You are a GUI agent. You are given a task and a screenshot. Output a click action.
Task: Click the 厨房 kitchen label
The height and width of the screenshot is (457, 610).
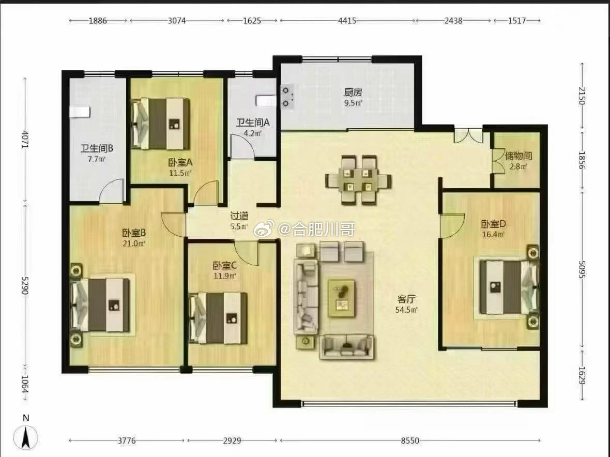tap(353, 92)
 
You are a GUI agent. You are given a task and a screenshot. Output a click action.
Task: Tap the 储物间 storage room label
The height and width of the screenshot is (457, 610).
tap(518, 156)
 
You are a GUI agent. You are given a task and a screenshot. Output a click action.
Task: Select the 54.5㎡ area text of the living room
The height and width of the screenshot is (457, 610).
tap(406, 310)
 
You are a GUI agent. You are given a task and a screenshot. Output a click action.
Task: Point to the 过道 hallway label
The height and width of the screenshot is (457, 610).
tap(239, 216)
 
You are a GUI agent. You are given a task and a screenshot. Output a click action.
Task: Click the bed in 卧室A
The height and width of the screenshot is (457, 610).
tap(161, 124)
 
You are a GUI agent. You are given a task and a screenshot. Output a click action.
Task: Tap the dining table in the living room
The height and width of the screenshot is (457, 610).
tap(358, 180)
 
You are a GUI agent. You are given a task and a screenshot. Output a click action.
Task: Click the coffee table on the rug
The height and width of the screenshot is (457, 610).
tap(341, 298)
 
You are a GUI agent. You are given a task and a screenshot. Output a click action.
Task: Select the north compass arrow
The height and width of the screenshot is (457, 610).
tap(26, 437)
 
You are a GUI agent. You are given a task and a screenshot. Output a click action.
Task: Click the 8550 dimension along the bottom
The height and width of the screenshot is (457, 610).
tap(410, 440)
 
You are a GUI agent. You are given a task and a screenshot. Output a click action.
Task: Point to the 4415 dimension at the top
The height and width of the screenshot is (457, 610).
tap(347, 21)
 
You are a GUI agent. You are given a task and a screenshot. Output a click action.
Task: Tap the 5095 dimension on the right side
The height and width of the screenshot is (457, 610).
tap(582, 269)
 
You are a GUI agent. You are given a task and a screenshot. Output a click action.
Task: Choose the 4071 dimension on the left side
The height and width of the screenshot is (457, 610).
tap(25, 139)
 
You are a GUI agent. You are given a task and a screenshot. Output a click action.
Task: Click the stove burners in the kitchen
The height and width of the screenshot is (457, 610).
tap(287, 97)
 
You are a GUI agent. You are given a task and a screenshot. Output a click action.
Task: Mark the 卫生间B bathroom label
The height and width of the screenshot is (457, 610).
tap(97, 148)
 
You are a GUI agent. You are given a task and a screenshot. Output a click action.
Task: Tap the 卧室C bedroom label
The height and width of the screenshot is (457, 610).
tap(225, 266)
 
